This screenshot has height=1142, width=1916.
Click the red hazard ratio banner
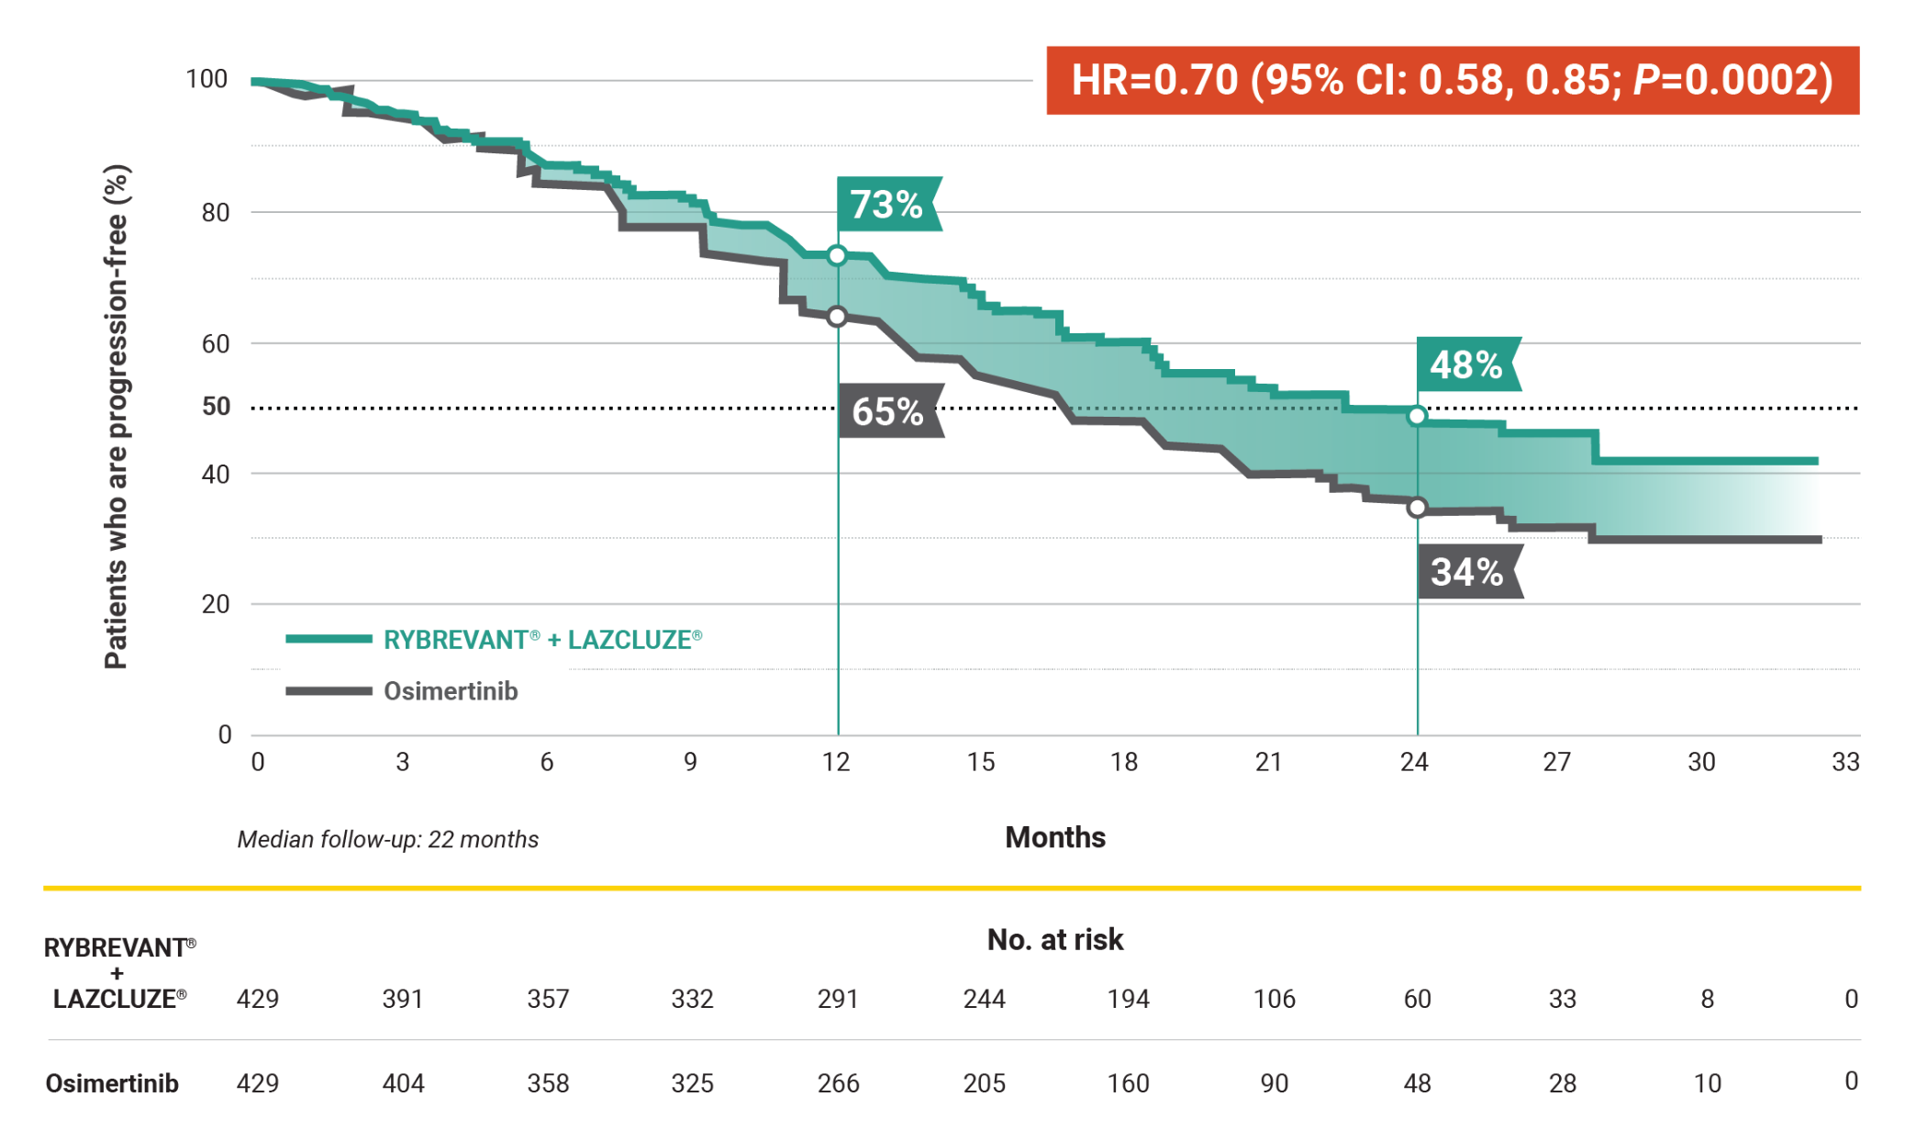pyautogui.click(x=1452, y=81)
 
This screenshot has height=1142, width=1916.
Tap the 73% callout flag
pyautogui.click(x=887, y=205)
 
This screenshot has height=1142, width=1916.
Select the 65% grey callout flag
pyautogui.click(x=889, y=411)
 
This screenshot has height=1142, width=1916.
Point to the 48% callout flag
pyautogui.click(x=1466, y=365)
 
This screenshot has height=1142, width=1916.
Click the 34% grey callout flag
pyautogui.click(x=1468, y=572)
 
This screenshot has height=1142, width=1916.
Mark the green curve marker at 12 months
pyautogui.click(x=837, y=256)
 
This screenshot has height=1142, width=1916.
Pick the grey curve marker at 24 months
pyautogui.click(x=1418, y=508)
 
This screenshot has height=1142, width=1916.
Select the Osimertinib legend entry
pyautogui.click(x=450, y=691)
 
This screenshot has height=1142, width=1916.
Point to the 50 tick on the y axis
pyautogui.click(x=216, y=407)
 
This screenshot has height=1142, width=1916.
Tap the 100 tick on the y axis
pyautogui.click(x=206, y=80)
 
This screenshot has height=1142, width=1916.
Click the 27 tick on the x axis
pyautogui.click(x=1556, y=762)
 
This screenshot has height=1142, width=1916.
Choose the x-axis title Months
pyautogui.click(x=1055, y=837)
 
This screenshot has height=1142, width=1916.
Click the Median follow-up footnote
pyautogui.click(x=387, y=839)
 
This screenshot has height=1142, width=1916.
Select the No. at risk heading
pyautogui.click(x=1055, y=939)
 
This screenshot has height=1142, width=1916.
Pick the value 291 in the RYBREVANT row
pyautogui.click(x=838, y=999)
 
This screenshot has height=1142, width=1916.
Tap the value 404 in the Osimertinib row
pyautogui.click(x=403, y=1083)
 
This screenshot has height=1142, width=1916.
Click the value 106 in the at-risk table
pyautogui.click(x=1274, y=999)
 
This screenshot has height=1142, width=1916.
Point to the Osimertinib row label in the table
pyautogui.click(x=112, y=1083)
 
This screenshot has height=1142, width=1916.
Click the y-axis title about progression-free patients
pyautogui.click(x=117, y=418)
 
